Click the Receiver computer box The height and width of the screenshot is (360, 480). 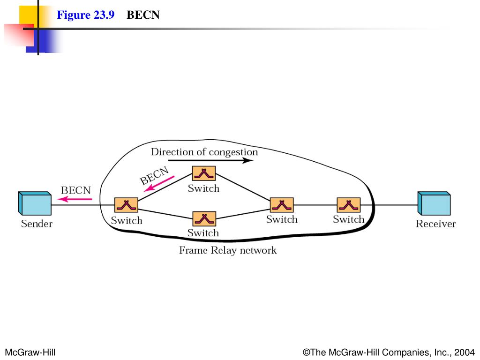click(434, 204)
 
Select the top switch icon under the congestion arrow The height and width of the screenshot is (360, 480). click(204, 173)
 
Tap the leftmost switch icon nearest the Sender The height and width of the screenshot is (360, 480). click(126, 205)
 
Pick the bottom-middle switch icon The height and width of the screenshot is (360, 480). click(204, 218)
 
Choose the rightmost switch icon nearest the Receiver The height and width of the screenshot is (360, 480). click(349, 205)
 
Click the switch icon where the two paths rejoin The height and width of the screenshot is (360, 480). click(282, 205)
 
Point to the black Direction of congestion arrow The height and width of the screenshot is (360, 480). click(210, 160)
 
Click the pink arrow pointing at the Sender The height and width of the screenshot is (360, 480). click(75, 199)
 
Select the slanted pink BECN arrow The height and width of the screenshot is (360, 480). click(159, 183)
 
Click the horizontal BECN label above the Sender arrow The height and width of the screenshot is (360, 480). click(75, 190)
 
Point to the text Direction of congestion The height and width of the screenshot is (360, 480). click(204, 152)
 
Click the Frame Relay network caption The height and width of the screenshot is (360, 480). click(228, 250)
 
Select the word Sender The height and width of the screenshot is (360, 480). click(37, 224)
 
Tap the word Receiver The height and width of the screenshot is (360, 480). click(435, 224)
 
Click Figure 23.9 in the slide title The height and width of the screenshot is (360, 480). click(86, 15)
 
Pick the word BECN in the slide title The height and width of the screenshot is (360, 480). click(143, 15)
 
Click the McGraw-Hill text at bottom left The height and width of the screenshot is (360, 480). click(30, 352)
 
